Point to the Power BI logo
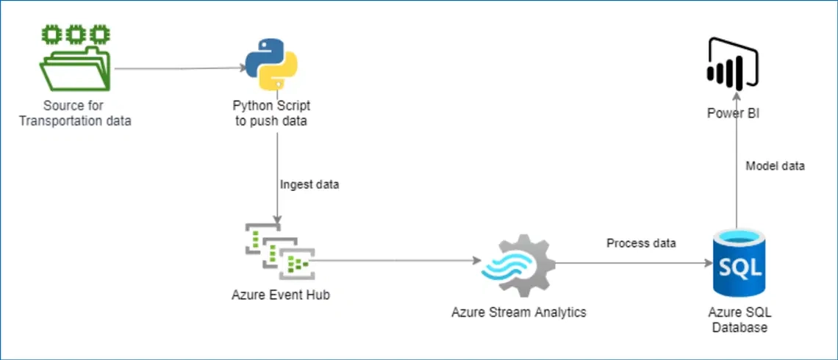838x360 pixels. click(x=731, y=67)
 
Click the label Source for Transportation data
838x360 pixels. click(x=74, y=113)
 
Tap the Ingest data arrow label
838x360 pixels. click(x=309, y=184)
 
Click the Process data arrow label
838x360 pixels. click(x=641, y=243)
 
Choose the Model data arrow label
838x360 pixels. click(x=775, y=166)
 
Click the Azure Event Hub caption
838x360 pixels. click(x=276, y=295)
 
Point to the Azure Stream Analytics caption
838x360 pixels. click(x=519, y=312)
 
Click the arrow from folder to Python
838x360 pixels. click(x=180, y=69)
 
